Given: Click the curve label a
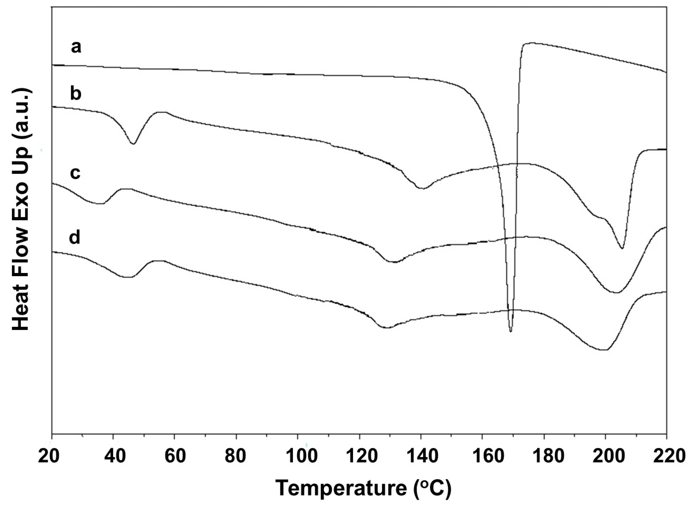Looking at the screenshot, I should coord(76,47).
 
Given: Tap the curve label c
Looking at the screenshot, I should coord(75,173).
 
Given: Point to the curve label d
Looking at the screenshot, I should coord(75,237).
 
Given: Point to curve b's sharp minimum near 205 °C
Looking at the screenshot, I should coord(622,248).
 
